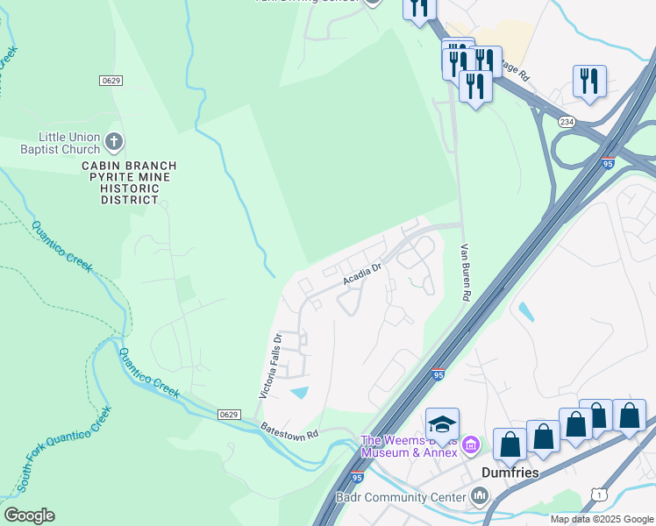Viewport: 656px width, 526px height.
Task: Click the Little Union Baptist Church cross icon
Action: tap(113, 141)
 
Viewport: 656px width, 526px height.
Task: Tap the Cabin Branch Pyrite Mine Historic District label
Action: tap(129, 182)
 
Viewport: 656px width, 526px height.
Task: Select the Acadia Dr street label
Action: tap(363, 275)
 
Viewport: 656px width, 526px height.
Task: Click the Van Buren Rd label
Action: tap(465, 273)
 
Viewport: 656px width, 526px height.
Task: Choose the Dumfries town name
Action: tap(510, 472)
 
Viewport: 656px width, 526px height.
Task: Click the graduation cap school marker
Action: tap(443, 424)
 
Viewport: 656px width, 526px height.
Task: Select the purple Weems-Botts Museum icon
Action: tap(470, 446)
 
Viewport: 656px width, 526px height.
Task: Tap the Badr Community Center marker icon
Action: tap(479, 497)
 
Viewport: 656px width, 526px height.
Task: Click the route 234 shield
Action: tap(568, 123)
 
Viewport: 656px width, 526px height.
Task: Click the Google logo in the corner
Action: tap(29, 515)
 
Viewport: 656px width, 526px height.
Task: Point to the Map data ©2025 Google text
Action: tap(602, 519)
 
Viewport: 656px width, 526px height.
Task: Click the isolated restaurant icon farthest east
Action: tap(589, 81)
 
